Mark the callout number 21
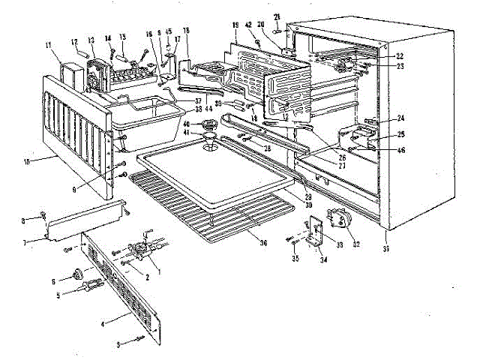[x=276, y=16]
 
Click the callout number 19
[x=235, y=23]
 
